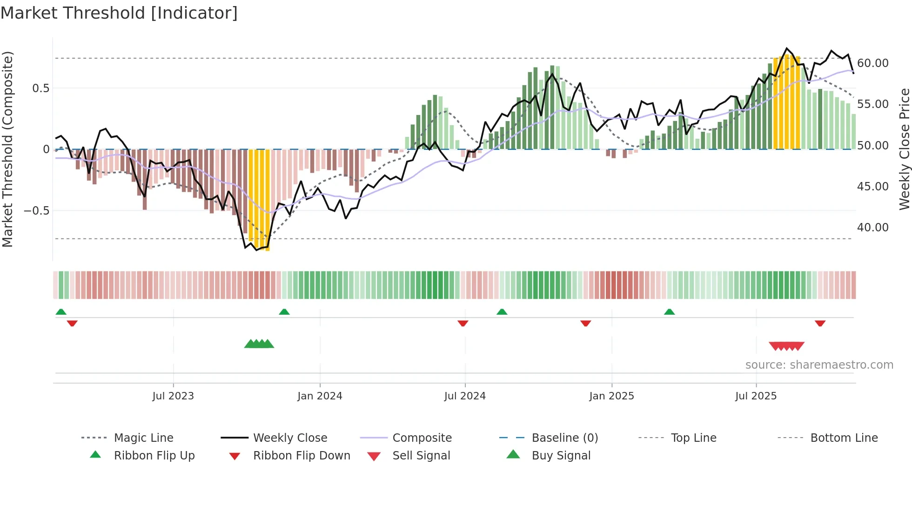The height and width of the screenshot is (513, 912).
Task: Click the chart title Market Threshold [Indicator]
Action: coord(119,13)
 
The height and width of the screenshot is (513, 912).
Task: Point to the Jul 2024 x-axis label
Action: coord(465,396)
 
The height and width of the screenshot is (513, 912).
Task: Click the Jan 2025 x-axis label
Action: coord(611,396)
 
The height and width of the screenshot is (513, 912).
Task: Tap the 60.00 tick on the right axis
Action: coord(872,63)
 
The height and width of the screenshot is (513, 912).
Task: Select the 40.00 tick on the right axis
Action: coord(872,228)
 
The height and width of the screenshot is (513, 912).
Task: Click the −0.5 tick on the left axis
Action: coord(36,211)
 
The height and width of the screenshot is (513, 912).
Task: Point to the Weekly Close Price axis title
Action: coord(904,149)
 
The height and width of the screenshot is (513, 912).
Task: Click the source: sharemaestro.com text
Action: coord(819,365)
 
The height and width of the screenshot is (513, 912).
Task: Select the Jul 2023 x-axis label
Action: coord(173,396)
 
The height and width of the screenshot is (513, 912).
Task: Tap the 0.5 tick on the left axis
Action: coord(40,88)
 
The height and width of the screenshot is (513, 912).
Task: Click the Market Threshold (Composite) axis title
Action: coord(7,149)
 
